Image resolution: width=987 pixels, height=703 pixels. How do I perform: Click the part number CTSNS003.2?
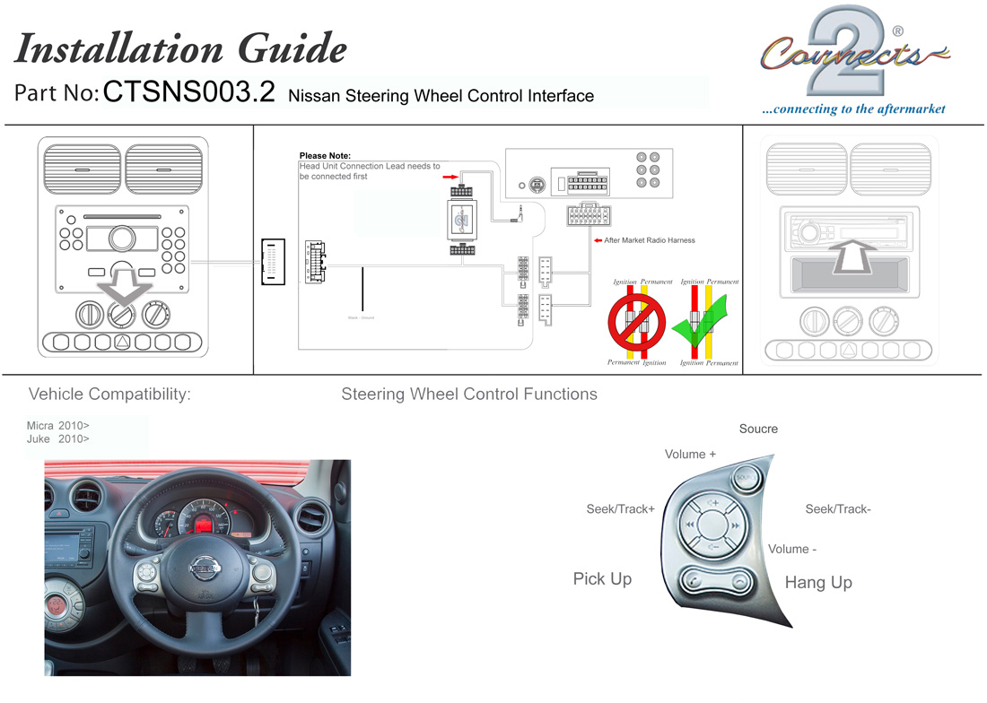[x=188, y=93]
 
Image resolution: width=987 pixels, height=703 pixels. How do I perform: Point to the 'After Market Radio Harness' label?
[x=650, y=240]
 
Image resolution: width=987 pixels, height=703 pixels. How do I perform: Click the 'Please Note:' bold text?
[x=325, y=156]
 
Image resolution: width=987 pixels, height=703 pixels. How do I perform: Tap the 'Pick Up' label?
[x=602, y=579]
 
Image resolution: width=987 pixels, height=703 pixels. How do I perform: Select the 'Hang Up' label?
[x=818, y=583]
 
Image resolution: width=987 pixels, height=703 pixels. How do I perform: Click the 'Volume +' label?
[x=690, y=455]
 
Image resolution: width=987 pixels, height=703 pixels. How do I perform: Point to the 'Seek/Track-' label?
[x=838, y=509]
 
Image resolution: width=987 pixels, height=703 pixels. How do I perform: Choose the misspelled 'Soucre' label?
[x=758, y=429]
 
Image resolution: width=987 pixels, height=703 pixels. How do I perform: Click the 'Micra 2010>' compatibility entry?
[x=58, y=425]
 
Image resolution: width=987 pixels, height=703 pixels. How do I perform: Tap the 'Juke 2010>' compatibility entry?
[x=58, y=439]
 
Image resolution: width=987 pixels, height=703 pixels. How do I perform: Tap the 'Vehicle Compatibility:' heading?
[x=109, y=394]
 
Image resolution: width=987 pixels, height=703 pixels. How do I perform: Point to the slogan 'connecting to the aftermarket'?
[x=853, y=109]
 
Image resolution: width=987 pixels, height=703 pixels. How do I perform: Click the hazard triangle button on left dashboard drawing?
[x=123, y=342]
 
